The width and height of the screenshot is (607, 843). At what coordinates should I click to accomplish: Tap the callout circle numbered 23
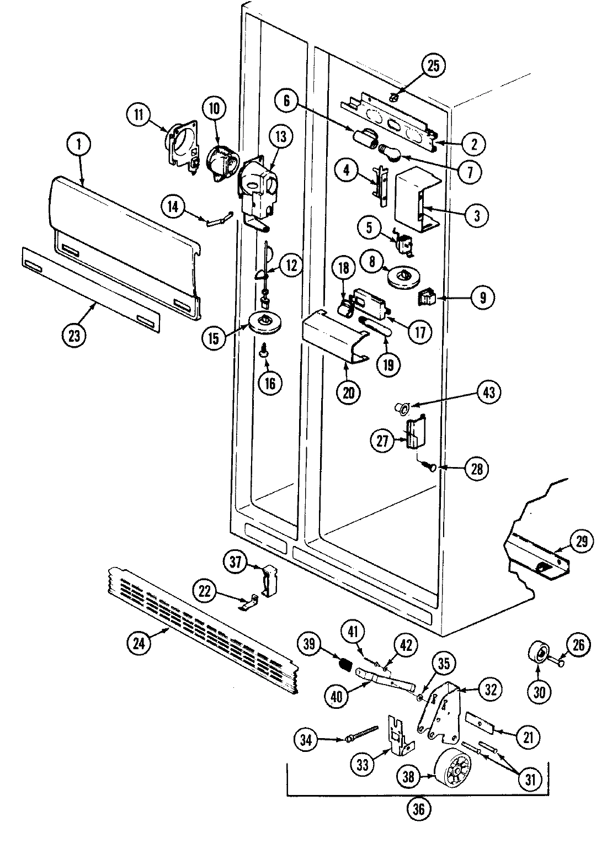74,336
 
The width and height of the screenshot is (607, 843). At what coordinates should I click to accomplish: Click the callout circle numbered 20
349,393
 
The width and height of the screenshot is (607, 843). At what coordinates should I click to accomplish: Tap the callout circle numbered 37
236,563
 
